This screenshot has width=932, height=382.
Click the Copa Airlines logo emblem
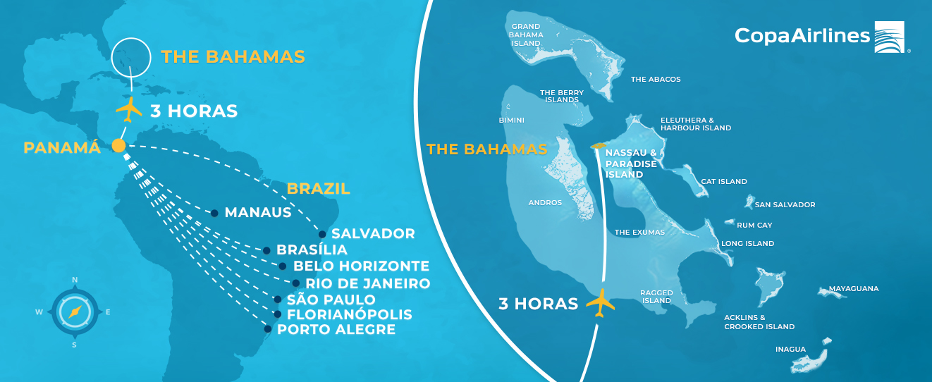pos(892,37)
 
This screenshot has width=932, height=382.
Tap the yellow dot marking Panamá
pos(118,146)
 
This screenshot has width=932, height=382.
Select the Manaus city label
pos(258,212)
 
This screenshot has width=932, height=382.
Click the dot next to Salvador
pos(322,234)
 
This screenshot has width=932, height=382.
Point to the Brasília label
pos(312,249)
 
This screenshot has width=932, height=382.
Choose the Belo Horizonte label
pos(361,266)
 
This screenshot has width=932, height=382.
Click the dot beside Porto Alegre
pos(268,328)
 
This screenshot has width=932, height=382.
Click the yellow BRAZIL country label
pos(318,189)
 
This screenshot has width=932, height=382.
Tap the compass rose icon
pos(74,311)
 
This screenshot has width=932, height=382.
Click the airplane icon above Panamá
pos(129,110)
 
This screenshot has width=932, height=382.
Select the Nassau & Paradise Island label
pos(630,163)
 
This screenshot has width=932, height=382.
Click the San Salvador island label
pos(785,205)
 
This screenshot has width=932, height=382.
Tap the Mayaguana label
pos(853,289)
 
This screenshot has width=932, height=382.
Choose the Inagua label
pos(790,349)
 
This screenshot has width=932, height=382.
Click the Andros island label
pos(545,203)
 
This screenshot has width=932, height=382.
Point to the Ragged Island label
pos(656,296)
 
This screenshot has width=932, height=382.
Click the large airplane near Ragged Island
pos(601,303)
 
